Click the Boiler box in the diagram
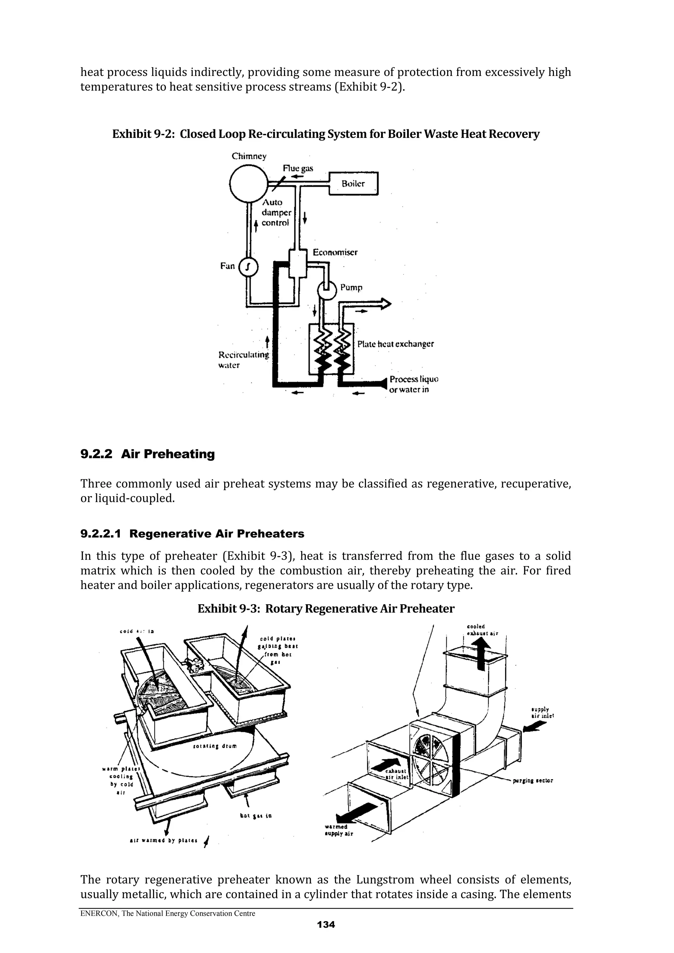[353, 184]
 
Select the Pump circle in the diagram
[327, 289]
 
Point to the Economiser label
[335, 252]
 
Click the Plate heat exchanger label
[395, 344]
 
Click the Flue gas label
[298, 168]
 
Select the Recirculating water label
[243, 360]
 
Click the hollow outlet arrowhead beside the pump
[386, 304]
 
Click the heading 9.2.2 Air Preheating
[147, 454]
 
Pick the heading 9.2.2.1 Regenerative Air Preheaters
[192, 534]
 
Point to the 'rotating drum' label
[215, 746]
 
